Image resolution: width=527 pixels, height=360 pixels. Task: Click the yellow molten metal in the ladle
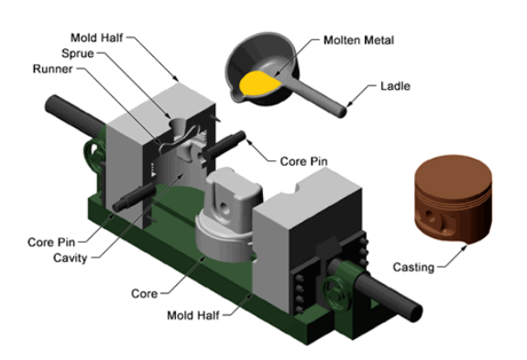tap(258, 83)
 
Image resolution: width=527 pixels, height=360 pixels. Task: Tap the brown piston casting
tap(453, 199)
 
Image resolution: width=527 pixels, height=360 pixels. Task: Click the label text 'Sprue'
tap(78, 53)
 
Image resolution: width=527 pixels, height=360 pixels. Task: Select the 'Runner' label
tap(53, 69)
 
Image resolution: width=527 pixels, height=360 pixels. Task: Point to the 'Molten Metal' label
tap(358, 40)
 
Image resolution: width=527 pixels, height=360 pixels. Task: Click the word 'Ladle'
tap(395, 86)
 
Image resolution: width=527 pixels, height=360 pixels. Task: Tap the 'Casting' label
tap(413, 267)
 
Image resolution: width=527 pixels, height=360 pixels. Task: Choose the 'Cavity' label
tap(71, 258)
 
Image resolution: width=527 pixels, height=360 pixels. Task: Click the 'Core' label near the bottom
tap(144, 293)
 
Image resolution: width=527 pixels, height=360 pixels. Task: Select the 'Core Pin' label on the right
tap(304, 161)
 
